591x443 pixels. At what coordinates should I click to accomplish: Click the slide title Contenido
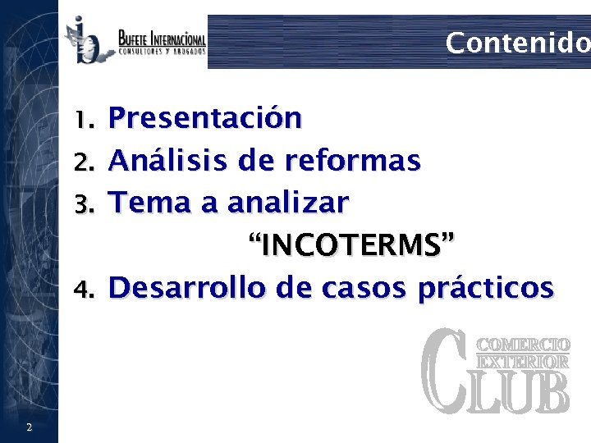pos(517,43)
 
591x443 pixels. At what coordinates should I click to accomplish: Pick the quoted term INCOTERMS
pos(350,244)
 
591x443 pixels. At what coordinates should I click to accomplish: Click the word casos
pos(354,288)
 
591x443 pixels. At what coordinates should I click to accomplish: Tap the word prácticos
pos(485,288)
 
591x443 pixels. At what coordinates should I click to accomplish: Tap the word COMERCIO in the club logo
pos(523,345)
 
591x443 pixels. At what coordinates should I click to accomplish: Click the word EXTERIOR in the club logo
pos(523,361)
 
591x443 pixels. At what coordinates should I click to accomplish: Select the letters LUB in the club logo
pos(523,392)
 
